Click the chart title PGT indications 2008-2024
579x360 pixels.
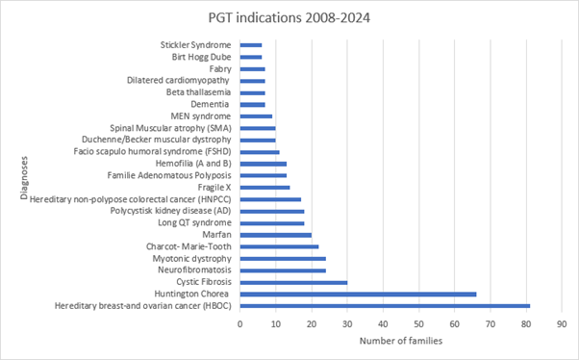(289, 16)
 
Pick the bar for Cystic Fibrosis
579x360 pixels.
(293, 282)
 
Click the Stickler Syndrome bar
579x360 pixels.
(251, 45)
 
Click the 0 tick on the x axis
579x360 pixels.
(240, 324)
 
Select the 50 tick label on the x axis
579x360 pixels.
(418, 324)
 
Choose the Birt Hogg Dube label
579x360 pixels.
(195, 57)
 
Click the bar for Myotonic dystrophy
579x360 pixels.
(283, 259)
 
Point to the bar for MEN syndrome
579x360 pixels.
(256, 116)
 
